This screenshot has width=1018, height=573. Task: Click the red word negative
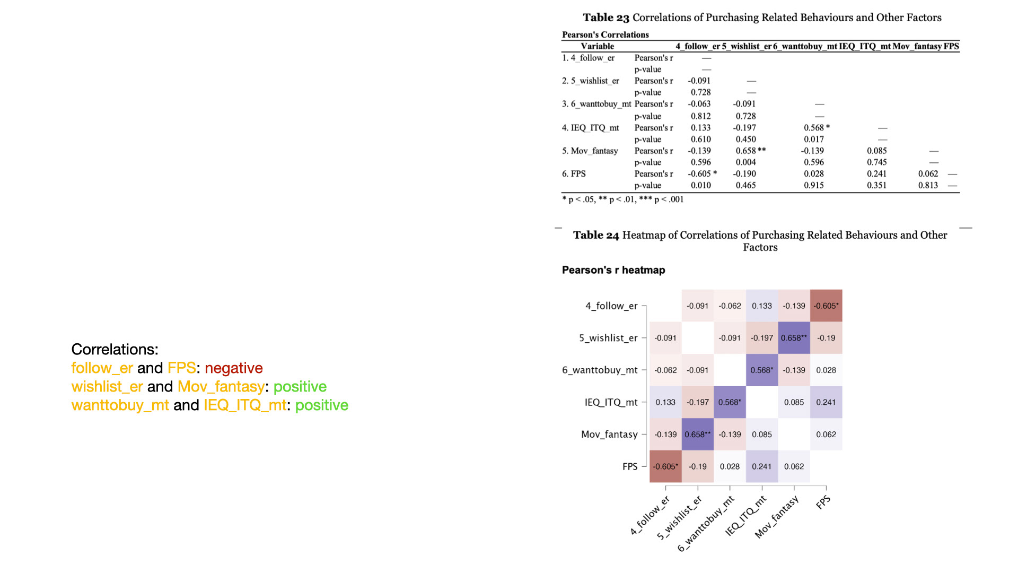point(233,368)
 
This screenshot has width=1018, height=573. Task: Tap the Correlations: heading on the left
point(115,349)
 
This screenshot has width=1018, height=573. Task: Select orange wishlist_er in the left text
point(107,386)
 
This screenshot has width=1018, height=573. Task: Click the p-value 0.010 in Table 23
point(700,185)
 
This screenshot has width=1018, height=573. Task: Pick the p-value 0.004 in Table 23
point(745,162)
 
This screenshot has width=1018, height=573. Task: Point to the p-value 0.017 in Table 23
point(814,139)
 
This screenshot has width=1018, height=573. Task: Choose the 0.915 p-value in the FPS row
point(814,185)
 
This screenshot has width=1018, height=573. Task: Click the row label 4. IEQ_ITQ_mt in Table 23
point(591,128)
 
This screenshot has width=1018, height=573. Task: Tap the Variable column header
point(597,46)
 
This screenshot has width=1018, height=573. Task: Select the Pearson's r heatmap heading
point(613,270)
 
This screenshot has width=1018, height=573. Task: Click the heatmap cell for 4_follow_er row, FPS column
point(826,306)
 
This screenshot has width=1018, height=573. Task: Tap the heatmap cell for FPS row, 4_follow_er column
point(665,466)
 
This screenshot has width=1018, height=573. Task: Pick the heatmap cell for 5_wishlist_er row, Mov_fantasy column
point(794,338)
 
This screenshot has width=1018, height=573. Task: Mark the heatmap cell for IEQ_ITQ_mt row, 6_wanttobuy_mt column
point(730,402)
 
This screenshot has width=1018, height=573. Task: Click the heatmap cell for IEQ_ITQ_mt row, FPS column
point(826,402)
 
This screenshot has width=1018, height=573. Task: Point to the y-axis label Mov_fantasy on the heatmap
point(609,435)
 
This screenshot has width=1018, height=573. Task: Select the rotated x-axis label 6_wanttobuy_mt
point(706,524)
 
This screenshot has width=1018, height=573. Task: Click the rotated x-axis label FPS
point(823,502)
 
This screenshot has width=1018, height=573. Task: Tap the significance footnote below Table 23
point(623,199)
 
